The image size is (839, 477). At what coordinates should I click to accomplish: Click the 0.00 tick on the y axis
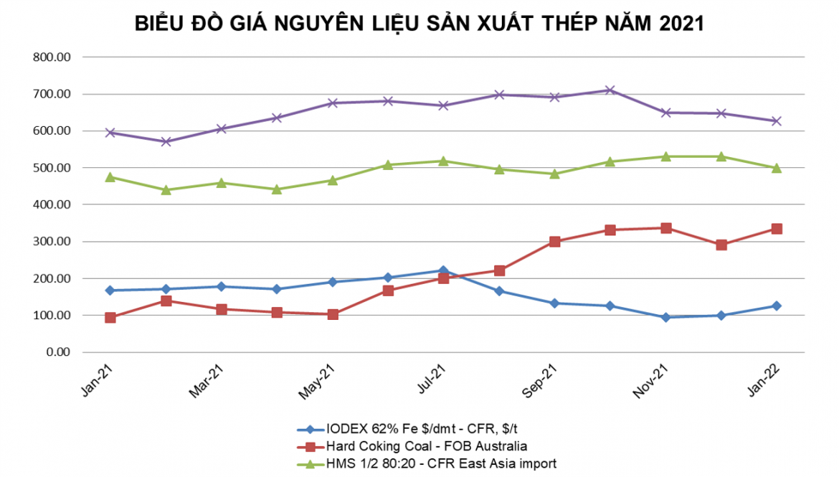coord(59,352)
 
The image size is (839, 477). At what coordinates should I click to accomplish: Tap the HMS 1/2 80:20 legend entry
coord(442,463)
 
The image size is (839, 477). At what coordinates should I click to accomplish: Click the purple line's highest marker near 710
coord(610,90)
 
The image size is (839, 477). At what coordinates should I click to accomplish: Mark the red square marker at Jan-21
coord(110,317)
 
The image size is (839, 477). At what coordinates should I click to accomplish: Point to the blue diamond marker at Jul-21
coord(443,271)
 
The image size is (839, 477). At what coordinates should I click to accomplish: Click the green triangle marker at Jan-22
coord(776,168)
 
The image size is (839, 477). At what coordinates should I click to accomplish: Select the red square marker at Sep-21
coord(554,242)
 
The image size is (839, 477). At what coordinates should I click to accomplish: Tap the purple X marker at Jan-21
coord(110,133)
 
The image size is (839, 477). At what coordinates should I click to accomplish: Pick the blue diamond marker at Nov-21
coord(665,317)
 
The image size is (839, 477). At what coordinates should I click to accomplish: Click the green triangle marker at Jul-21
coord(443,161)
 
